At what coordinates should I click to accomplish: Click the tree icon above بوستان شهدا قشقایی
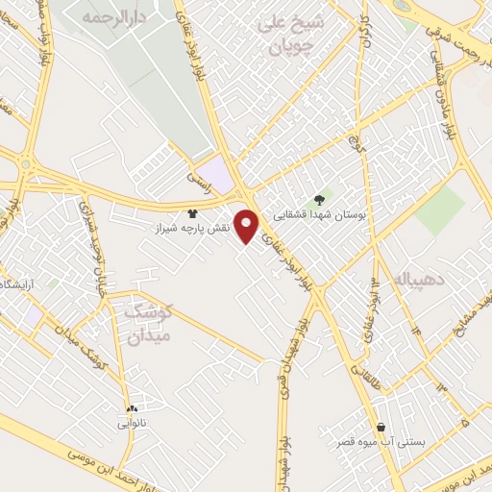coord(319,199)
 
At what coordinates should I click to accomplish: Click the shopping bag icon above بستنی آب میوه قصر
coord(381,427)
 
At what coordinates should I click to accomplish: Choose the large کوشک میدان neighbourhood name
coord(149,324)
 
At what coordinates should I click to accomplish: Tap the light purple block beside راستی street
coord(220,175)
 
